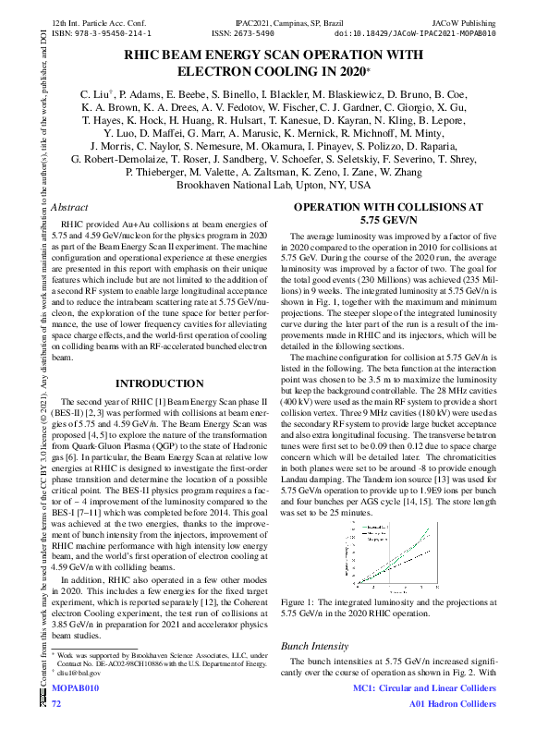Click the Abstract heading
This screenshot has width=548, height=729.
(x=70, y=208)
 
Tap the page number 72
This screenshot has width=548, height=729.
(x=55, y=704)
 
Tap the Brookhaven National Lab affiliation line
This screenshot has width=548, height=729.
(x=274, y=185)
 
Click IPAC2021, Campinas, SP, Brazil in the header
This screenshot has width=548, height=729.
(x=274, y=19)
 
